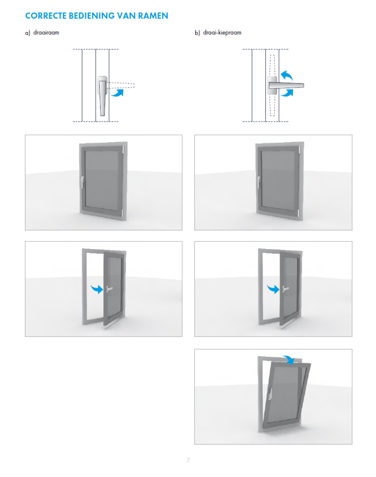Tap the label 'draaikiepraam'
coord(222,32)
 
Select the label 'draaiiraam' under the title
coord(46,32)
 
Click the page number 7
coord(188,460)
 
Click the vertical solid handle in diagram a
coord(103,96)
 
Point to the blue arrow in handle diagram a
coord(118,93)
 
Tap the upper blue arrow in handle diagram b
coord(287,75)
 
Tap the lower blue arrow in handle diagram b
coord(287,93)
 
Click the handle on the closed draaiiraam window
coord(82,182)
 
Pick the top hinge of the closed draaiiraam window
coord(123,150)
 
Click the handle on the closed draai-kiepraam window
coord(259,182)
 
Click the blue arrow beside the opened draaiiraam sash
coord(97,289)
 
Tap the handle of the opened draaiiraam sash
coord(109,289)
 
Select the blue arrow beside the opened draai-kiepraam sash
coord(273,289)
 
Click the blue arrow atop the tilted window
coord(288,360)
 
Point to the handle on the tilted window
coord(270,394)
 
